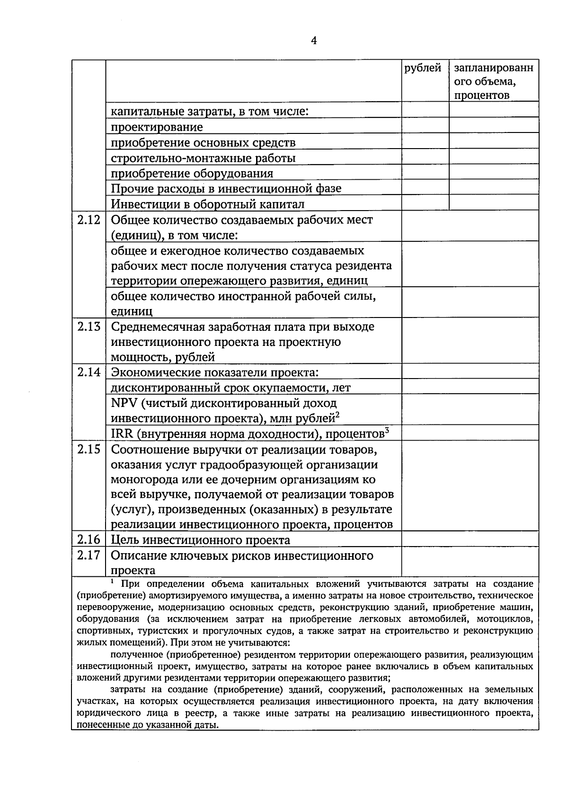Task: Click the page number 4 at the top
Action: (x=313, y=40)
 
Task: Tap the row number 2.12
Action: (x=89, y=220)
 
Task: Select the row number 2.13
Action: (x=89, y=326)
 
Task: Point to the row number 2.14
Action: (x=89, y=372)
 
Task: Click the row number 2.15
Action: (x=89, y=449)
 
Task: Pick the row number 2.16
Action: (x=89, y=540)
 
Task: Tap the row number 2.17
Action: (x=89, y=555)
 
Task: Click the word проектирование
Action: (x=157, y=127)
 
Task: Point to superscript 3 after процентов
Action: (x=387, y=430)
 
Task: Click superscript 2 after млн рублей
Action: (x=338, y=415)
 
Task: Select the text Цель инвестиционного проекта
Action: (x=201, y=540)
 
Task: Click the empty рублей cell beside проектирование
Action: (x=425, y=126)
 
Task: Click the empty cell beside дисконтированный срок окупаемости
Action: (x=470, y=387)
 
